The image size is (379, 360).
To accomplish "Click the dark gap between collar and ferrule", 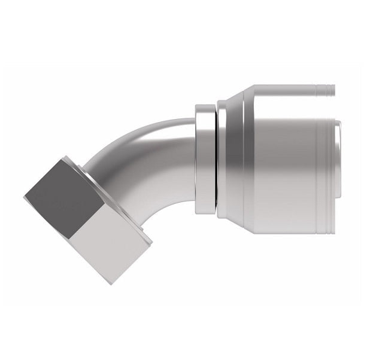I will click(x=215, y=158).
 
